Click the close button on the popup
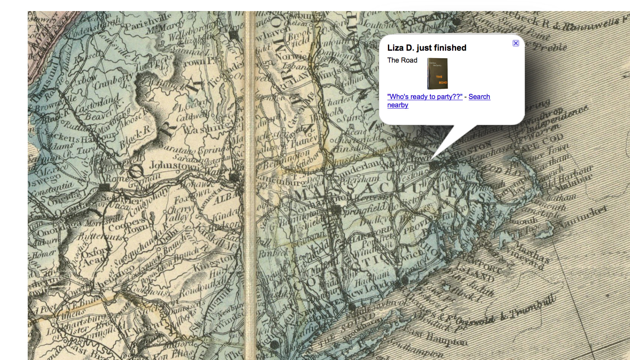tap(515, 43)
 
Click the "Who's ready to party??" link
tap(425, 97)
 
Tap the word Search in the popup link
tap(479, 97)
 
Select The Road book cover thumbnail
tap(437, 74)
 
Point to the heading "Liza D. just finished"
tap(427, 48)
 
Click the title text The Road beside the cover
tap(402, 60)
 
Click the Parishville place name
tap(149, 21)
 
